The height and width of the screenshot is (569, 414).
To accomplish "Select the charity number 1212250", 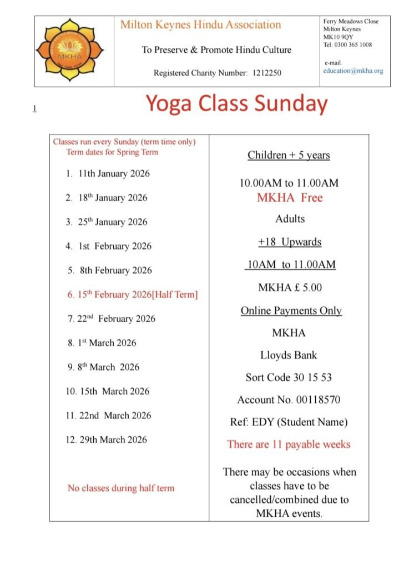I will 264,73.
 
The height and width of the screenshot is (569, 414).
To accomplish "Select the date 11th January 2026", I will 114,173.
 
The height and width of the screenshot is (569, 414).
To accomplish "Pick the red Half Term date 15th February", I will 132,295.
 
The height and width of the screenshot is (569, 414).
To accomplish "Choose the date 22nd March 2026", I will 114,415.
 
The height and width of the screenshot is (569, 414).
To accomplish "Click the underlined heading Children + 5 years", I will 289,155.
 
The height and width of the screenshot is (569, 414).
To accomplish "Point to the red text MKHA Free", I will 289,198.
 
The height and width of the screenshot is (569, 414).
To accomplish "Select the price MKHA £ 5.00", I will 290,287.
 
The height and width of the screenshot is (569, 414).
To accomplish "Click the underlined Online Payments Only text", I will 291,311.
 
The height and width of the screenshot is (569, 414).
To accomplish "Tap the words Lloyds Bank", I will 289,355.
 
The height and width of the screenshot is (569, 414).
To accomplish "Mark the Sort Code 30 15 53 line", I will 289,378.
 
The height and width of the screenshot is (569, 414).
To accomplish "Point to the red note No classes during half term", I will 121,488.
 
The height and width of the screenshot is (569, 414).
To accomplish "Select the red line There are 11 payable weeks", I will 289,445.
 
